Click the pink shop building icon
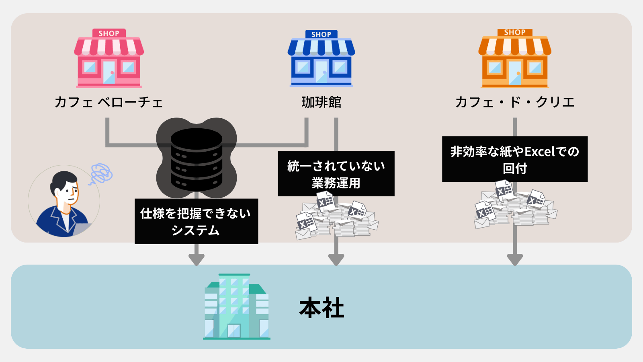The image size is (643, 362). tap(109, 60)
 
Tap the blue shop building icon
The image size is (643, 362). tap(321, 60)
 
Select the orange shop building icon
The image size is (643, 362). tap(515, 60)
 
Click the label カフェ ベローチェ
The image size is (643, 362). tap(109, 102)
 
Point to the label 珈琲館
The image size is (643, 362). tap(321, 102)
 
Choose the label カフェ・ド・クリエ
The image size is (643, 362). tap(515, 102)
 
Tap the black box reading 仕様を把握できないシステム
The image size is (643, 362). tap(196, 221)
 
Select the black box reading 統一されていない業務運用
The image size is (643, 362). tap(336, 174)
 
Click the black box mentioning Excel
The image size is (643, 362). tap(515, 159)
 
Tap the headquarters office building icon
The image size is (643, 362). tap(236, 306)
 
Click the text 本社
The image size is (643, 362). tap(321, 308)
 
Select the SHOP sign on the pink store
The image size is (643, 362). tap(109, 33)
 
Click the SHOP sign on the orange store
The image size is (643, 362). tap(515, 33)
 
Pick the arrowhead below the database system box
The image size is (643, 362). tap(196, 259)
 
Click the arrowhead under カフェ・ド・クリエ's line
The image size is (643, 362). tap(515, 259)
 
